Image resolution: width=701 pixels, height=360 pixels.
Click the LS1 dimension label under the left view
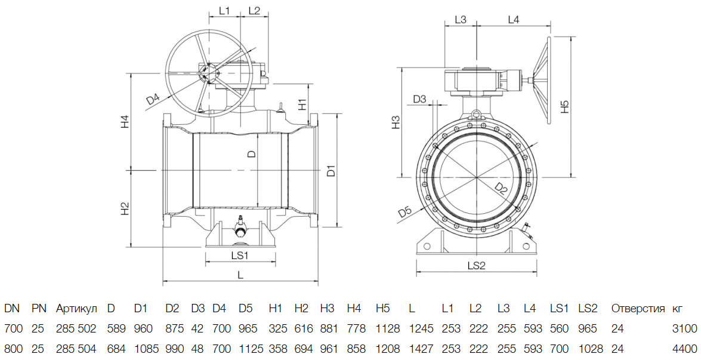click(240, 255)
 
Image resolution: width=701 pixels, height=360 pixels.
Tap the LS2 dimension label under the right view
click(477, 265)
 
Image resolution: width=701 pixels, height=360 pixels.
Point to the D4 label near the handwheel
click(153, 99)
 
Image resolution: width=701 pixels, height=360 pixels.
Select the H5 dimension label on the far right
click(565, 107)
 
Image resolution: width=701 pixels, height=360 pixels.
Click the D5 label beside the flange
click(405, 211)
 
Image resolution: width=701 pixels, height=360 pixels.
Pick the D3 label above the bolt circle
click(420, 99)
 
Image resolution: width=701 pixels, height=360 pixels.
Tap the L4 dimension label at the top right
click(513, 20)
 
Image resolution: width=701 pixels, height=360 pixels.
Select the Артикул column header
click(76, 309)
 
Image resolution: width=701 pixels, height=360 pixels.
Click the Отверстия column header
click(638, 309)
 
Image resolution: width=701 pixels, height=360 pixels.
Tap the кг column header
click(677, 309)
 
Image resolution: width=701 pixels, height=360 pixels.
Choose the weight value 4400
click(685, 348)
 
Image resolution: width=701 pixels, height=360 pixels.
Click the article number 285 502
click(76, 328)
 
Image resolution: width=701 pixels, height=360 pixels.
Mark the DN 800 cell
click(13, 348)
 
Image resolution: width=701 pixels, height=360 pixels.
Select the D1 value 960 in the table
click(143, 328)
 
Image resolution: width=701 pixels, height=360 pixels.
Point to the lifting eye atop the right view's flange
click(476, 113)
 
